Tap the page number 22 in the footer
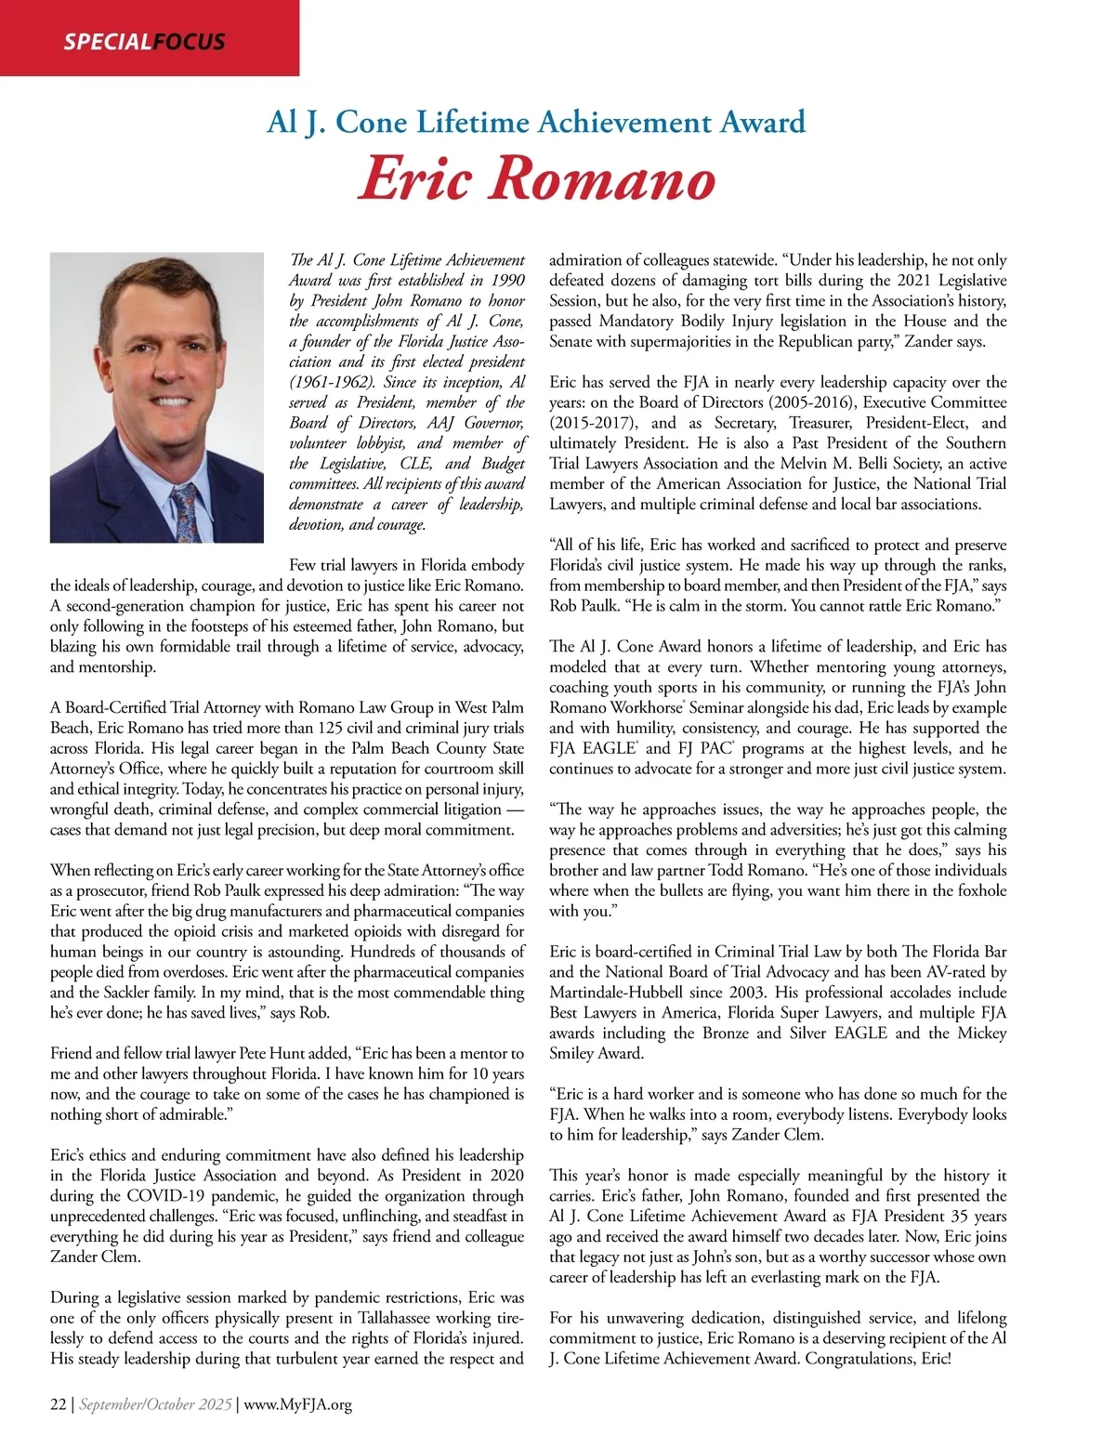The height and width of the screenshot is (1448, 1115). tap(58, 1404)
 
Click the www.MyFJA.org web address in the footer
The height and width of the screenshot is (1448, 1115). tap(296, 1404)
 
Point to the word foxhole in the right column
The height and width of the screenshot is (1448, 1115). tap(977, 890)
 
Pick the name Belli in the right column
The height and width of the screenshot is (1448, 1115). tap(868, 464)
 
